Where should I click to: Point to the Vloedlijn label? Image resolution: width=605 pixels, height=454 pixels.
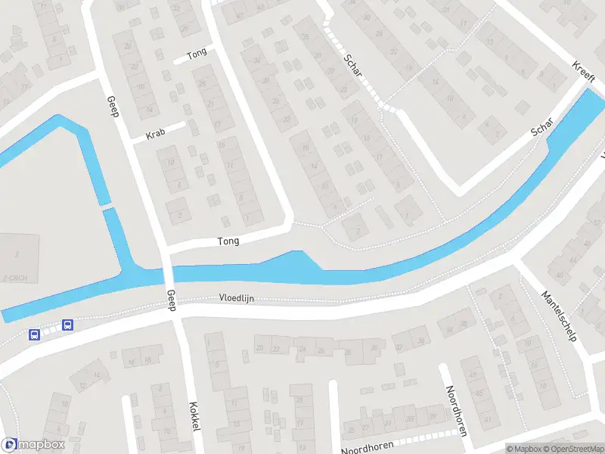237,298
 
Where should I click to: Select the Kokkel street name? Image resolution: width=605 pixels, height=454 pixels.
194,416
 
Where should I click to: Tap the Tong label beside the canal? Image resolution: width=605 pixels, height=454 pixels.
228,241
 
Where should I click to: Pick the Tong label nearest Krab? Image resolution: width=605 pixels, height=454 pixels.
196,54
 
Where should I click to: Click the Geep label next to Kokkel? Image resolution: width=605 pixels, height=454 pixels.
171,300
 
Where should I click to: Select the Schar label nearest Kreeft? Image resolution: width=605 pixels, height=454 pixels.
543,127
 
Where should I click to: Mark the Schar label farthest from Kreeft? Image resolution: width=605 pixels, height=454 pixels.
352,69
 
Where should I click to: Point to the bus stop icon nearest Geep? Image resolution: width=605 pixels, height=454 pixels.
67,325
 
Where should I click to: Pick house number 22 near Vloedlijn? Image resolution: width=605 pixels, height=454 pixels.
276,349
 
